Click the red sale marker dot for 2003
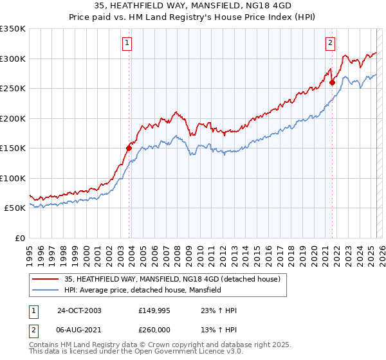click(129, 148)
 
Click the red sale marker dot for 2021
click(332, 82)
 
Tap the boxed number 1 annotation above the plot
click(127, 43)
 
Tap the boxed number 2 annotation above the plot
click(330, 43)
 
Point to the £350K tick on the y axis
click(13, 29)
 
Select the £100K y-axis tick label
click(13, 178)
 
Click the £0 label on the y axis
click(19, 238)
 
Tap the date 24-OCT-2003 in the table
click(79, 310)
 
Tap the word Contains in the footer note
click(44, 345)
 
